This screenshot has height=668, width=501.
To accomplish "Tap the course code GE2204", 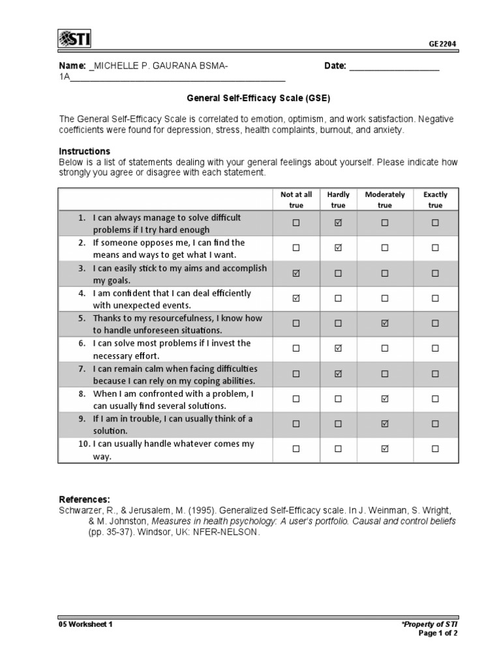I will (443, 44).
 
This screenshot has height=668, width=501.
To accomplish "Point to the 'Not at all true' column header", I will (296, 200).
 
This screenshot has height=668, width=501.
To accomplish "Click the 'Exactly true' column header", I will (435, 200).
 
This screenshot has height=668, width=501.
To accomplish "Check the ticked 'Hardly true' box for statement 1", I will (338, 223).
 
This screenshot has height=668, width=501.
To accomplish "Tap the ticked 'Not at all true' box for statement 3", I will (296, 273).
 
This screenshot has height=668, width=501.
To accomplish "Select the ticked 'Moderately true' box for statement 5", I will (385, 324).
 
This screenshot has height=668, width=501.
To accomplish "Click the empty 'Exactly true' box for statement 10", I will (435, 449).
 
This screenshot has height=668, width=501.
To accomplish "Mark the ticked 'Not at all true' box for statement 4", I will (296, 299).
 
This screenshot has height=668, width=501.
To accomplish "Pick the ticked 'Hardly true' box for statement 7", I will (338, 374).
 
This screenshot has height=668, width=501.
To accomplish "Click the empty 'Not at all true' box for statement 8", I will (296, 399).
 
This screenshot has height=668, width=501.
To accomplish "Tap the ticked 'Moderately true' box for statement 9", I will (385, 424).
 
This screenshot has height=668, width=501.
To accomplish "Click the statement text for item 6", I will (171, 349).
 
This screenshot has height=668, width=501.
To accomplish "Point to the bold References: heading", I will (85, 499).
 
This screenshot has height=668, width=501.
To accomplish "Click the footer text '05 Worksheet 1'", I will (86, 624).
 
